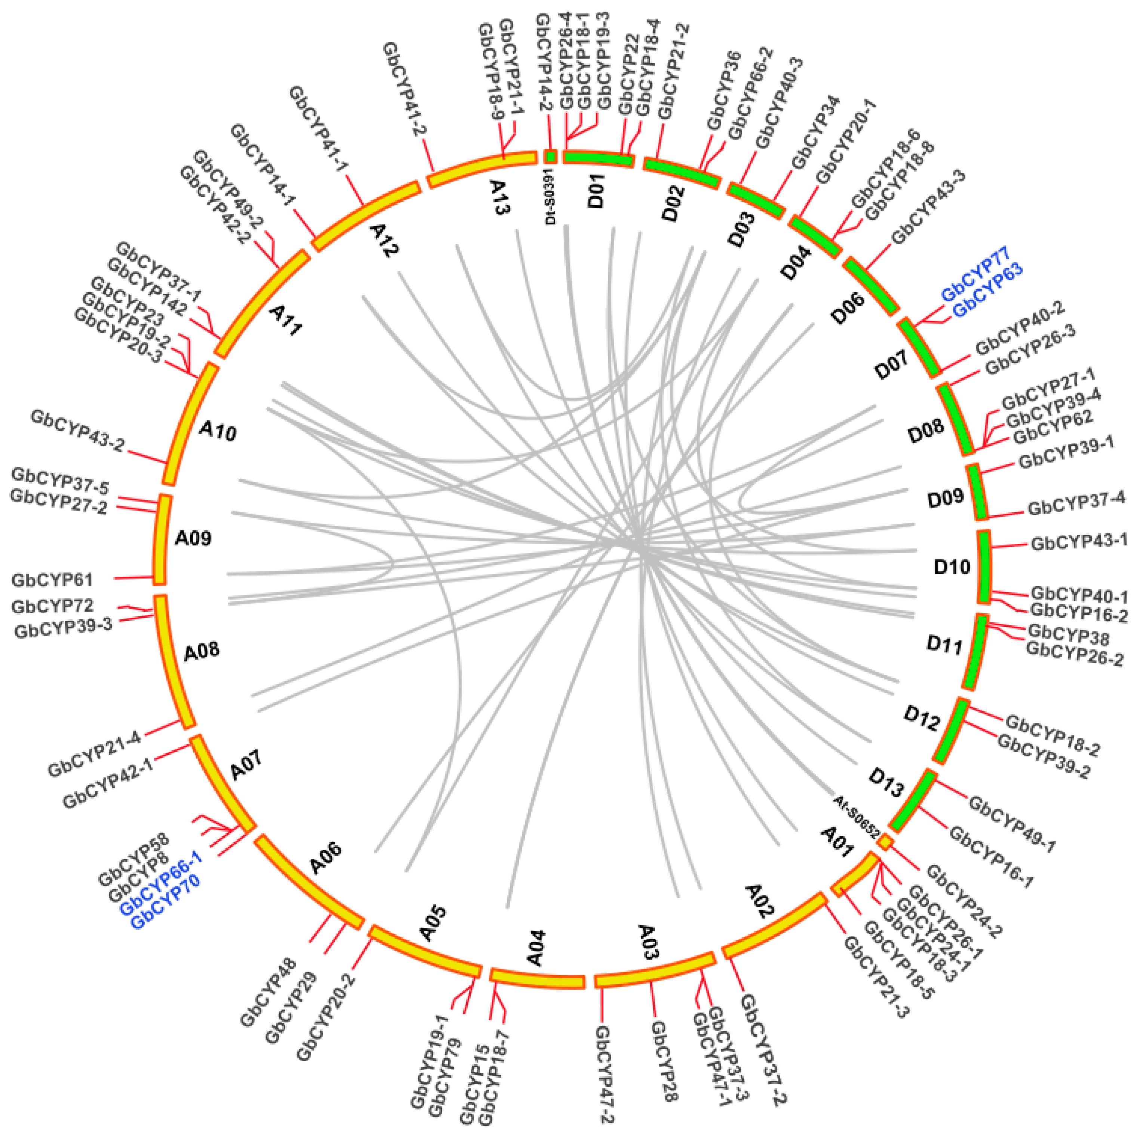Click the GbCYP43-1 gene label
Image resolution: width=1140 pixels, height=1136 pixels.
pyautogui.click(x=1079, y=541)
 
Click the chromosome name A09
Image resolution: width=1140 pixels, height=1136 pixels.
pyautogui.click(x=193, y=538)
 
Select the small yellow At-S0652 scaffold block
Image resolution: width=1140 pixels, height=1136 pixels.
pyautogui.click(x=885, y=841)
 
